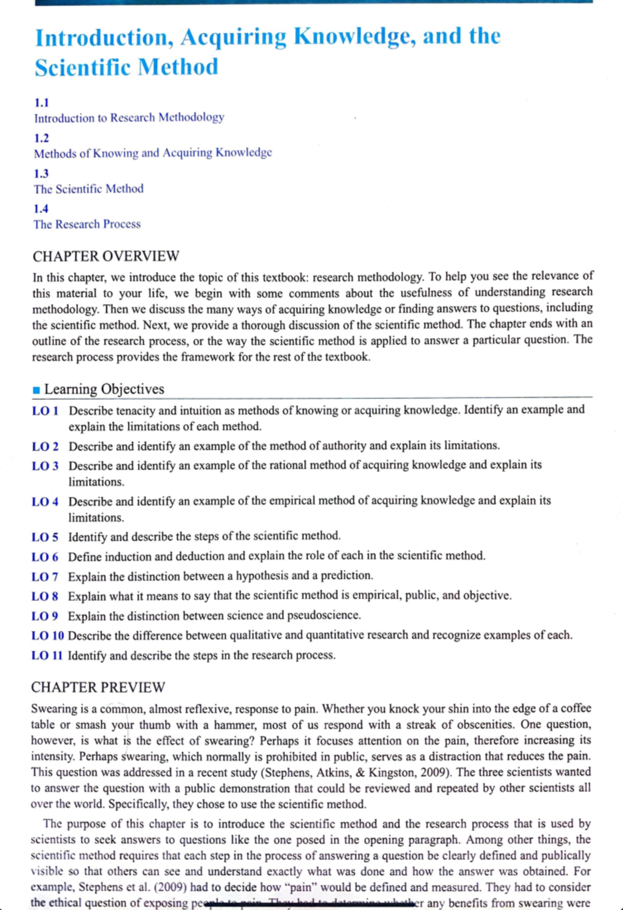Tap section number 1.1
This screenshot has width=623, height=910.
click(42, 102)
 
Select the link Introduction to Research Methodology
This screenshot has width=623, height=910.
click(129, 117)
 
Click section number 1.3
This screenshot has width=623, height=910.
click(41, 173)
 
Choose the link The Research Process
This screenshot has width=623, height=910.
click(87, 224)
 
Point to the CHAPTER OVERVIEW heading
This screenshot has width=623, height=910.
click(106, 256)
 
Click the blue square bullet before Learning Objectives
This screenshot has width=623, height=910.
click(36, 390)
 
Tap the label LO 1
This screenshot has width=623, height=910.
click(45, 411)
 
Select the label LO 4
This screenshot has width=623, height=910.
click(45, 501)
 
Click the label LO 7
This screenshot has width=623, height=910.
click(45, 577)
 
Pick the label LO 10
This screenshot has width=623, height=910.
click(47, 635)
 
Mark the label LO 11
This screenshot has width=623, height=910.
click(47, 655)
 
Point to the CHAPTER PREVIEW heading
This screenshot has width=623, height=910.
click(98, 687)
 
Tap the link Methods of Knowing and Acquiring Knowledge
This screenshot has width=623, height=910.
click(153, 153)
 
